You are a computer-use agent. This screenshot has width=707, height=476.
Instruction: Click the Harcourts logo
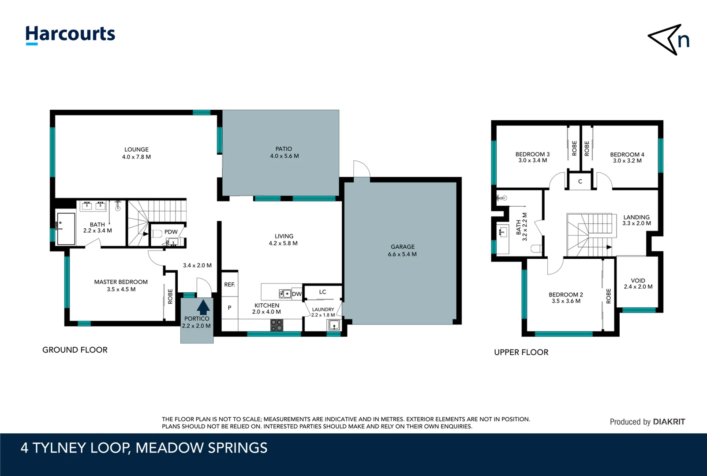coord(70,34)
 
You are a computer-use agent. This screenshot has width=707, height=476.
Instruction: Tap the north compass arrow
coord(667,39)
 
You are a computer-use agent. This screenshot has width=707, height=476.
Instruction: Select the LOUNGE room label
coord(136,149)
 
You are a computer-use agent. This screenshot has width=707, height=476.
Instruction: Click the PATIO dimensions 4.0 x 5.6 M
coord(284,156)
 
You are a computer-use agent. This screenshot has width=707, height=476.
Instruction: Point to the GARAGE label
coord(402,247)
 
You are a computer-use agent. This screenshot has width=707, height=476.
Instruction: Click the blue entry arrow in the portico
coord(203,307)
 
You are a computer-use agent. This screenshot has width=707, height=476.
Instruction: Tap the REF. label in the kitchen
coord(229,285)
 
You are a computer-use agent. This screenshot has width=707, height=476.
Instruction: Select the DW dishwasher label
coord(297,294)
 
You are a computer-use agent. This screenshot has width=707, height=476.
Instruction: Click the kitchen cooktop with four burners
coord(277,325)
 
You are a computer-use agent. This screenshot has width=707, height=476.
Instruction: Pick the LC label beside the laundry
coord(322,292)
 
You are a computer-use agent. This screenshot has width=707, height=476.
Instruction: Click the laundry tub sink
coord(334,326)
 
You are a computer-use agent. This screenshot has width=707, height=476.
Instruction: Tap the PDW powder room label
coord(171,232)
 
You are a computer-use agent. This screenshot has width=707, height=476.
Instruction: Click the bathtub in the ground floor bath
coord(66,228)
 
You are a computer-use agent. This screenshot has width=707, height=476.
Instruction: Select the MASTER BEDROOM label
coord(121,282)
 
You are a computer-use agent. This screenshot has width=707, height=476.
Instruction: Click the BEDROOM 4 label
coord(627,155)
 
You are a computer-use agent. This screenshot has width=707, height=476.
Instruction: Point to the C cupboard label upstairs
coord(580,182)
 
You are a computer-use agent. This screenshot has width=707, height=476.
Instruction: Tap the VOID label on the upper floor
coord(638,281)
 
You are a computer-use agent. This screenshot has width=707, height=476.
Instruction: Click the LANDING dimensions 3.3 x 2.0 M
coord(636,223)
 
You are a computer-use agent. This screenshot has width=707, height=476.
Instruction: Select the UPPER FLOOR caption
coord(521,352)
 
